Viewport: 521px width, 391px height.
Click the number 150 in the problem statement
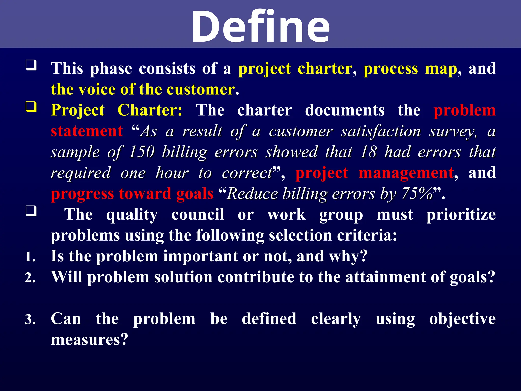(141, 152)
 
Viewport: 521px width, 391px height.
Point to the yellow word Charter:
(150, 110)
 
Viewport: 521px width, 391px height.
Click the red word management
(406, 173)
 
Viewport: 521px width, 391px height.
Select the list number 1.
(30, 257)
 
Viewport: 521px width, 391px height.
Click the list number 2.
(30, 278)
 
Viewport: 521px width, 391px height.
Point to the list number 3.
(30, 319)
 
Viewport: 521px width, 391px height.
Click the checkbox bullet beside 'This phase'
(31, 65)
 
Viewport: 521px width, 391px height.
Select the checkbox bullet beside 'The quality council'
(31, 211)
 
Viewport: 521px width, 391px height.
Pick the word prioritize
(461, 215)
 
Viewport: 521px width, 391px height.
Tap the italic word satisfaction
(381, 132)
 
